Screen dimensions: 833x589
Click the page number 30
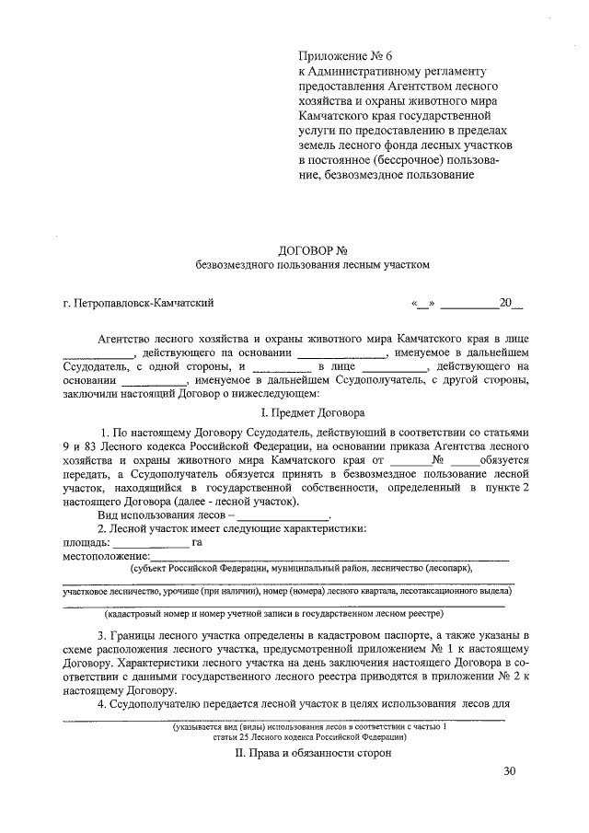(x=511, y=770)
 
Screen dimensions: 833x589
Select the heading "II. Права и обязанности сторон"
(x=312, y=752)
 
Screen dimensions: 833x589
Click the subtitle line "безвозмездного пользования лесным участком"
(x=312, y=265)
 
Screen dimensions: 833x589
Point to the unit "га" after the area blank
(x=197, y=543)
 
